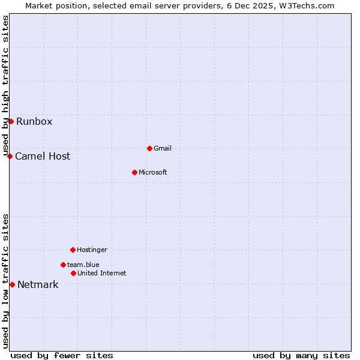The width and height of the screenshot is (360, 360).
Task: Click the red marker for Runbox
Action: (x=11, y=121)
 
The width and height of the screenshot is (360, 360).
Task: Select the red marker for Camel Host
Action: (x=10, y=156)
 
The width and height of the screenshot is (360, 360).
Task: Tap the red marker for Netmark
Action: (x=12, y=284)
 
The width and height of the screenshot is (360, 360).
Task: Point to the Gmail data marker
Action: (x=149, y=148)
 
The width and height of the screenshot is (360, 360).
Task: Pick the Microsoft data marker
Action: (x=134, y=172)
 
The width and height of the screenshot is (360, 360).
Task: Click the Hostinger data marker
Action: (x=73, y=250)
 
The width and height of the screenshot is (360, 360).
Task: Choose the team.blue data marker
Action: (x=63, y=265)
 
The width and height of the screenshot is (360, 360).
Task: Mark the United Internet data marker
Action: (x=73, y=273)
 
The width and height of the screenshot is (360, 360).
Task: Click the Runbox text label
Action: (x=34, y=122)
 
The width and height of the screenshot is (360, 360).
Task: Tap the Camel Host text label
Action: (x=43, y=157)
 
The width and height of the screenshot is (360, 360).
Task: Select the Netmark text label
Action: (x=38, y=285)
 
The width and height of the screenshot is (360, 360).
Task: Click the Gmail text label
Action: (x=163, y=149)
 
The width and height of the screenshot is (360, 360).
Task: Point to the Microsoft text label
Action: (x=152, y=173)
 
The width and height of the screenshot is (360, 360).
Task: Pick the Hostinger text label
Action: (x=92, y=250)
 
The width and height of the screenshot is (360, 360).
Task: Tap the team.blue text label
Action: (x=83, y=265)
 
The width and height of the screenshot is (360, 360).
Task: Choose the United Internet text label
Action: (x=101, y=274)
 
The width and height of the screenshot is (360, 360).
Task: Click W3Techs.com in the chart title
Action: (x=305, y=5)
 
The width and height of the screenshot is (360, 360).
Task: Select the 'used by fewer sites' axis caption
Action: (x=62, y=355)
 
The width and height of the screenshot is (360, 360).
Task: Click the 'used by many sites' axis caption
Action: (x=301, y=355)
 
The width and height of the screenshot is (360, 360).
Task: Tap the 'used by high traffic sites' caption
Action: (x=6, y=86)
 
